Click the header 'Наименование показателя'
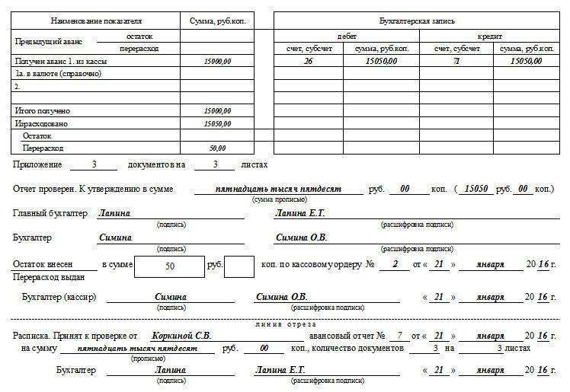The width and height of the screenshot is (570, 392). pos(95,21)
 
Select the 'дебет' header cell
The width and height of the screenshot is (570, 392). pos(347,36)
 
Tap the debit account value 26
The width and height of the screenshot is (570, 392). pos(308,61)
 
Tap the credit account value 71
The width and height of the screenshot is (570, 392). pos(456,61)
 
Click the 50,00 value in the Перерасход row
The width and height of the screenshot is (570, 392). pos(217,148)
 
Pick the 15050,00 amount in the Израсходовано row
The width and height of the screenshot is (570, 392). pos(217,123)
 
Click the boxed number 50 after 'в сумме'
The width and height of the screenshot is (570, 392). pos(169,266)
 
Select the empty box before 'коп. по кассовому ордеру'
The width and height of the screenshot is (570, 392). pos(239,267)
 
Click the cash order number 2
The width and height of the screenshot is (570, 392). pos(395,263)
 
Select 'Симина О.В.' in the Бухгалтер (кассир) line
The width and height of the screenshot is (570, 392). pos(281,296)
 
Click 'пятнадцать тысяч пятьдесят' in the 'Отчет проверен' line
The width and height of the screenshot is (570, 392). pos(278,188)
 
